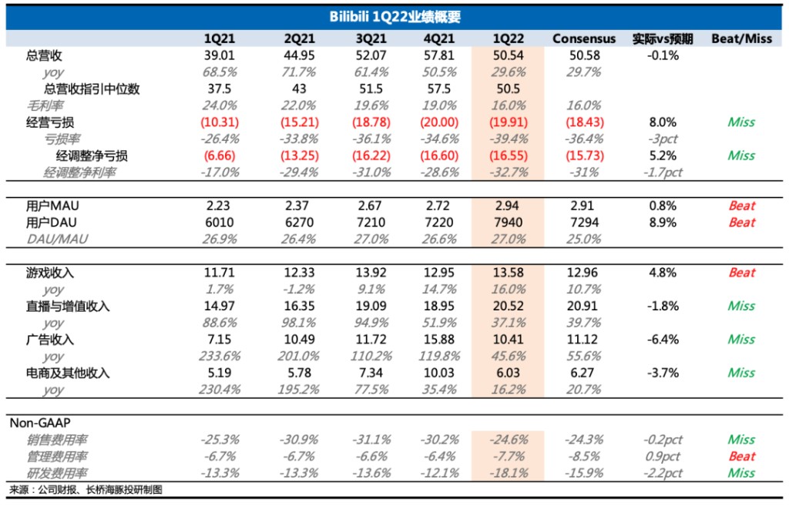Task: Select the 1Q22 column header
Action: (509, 39)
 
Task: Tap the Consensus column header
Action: (584, 39)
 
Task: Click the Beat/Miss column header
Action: (741, 39)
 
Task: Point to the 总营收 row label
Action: (44, 55)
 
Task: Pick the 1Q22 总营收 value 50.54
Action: (509, 55)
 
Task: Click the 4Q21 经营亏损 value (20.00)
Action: (441, 122)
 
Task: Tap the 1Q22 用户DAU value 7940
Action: (509, 223)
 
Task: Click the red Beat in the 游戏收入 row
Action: (741, 273)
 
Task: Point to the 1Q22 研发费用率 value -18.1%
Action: (509, 473)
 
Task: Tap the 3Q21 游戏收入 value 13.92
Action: (370, 273)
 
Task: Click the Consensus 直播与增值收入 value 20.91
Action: (584, 307)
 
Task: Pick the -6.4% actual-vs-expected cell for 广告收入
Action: (662, 340)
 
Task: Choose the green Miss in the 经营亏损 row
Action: (741, 122)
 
